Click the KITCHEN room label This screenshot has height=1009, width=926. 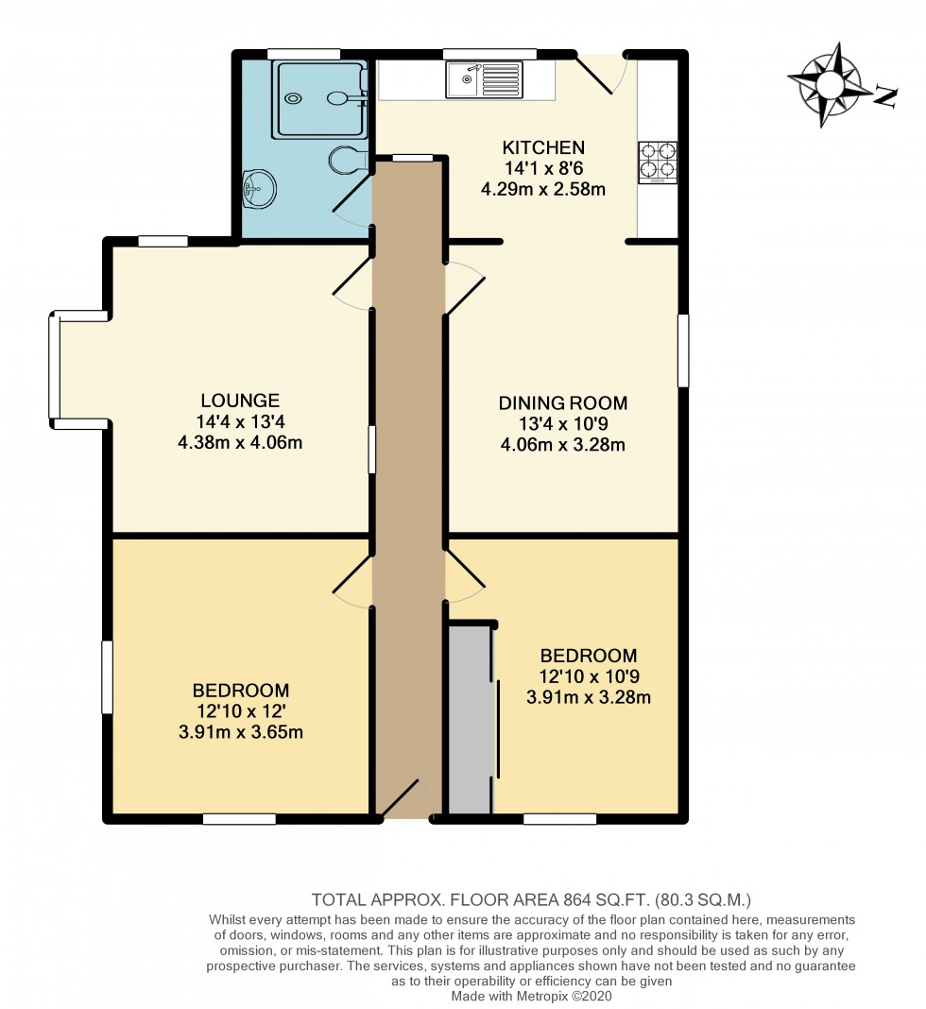pos(543,147)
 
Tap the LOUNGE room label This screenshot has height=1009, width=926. pos(239,401)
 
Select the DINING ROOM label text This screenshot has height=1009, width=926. pos(562,403)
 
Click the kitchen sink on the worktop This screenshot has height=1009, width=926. pos(486,79)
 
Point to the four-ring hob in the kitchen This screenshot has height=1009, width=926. pos(659,160)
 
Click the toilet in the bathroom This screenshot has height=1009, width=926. pos(348,160)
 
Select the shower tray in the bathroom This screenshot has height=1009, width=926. pos(318,95)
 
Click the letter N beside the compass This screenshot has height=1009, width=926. pos(885,96)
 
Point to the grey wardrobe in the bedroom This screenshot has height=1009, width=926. pos(470,718)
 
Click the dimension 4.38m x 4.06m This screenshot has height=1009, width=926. pos(239,442)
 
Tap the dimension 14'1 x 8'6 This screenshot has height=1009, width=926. pos(543,168)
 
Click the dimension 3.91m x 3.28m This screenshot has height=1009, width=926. pos(589,698)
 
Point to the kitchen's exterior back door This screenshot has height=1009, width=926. pos(602,72)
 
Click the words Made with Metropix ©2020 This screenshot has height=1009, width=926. pos(532,996)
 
